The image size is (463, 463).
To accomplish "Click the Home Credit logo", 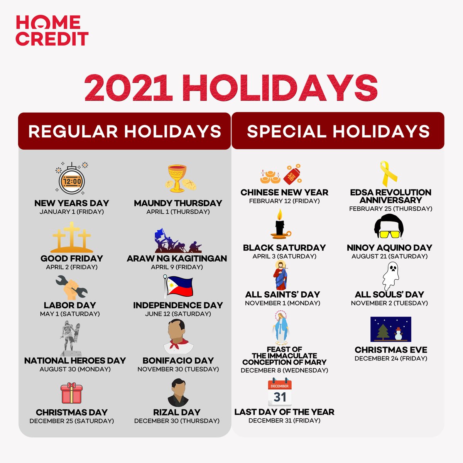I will (x=52, y=30).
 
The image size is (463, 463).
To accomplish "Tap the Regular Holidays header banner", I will (x=124, y=131).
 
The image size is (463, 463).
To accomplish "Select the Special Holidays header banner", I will (x=338, y=131).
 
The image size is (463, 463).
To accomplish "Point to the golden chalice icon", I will (x=177, y=179).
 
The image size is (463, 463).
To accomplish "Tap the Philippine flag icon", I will (x=177, y=286).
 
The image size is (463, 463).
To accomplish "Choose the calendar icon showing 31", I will (x=280, y=392).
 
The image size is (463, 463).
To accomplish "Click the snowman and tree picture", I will (x=390, y=329).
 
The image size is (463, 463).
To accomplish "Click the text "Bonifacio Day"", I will (x=178, y=360).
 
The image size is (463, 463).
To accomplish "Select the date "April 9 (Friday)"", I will (x=177, y=267).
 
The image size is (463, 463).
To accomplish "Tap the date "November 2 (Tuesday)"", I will (x=389, y=303).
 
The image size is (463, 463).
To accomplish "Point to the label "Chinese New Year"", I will (x=284, y=192).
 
